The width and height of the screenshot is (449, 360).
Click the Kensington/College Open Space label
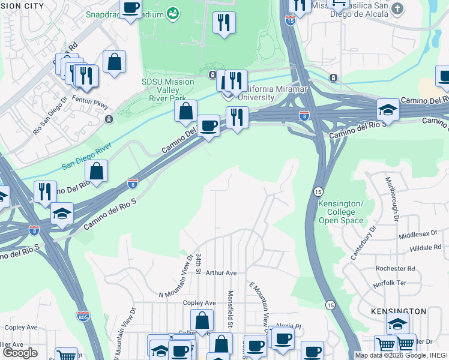(x=341, y=212)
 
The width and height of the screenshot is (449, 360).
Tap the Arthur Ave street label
(x=221, y=272)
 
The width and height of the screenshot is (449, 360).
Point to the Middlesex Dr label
(x=420, y=236)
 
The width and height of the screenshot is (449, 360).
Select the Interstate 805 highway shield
(x=83, y=315)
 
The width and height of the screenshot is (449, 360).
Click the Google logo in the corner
(x=20, y=353)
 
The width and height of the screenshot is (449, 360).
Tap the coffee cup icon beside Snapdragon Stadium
(x=130, y=8)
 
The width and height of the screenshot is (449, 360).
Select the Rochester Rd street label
(x=395, y=268)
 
